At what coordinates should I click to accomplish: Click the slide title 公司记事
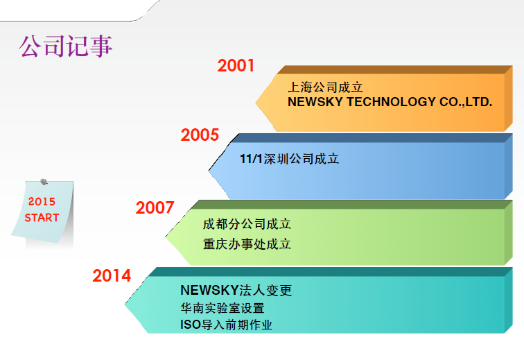[65, 46]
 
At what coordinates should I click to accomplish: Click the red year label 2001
[236, 66]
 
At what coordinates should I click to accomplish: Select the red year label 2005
[200, 135]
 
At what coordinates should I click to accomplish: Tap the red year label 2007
[155, 207]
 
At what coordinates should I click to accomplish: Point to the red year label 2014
[112, 275]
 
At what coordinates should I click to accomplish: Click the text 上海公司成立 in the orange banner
[325, 87]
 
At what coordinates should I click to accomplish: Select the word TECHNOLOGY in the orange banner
[392, 102]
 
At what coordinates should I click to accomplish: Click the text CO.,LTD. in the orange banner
[466, 102]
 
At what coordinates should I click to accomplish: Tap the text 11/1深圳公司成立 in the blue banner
[290, 159]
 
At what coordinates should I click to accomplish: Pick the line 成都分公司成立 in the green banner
[247, 224]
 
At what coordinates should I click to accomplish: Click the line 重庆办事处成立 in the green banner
[247, 244]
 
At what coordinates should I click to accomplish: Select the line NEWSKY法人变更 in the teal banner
[236, 290]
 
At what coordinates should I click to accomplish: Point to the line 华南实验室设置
[222, 308]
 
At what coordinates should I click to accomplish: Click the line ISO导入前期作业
[226, 325]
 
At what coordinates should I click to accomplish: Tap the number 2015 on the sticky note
[42, 201]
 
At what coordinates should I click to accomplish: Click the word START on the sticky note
[42, 218]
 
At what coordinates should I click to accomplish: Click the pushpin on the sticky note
[44, 182]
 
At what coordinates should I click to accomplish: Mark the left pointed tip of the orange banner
[256, 103]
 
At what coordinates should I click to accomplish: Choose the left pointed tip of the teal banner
[125, 305]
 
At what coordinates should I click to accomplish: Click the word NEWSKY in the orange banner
[315, 102]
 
